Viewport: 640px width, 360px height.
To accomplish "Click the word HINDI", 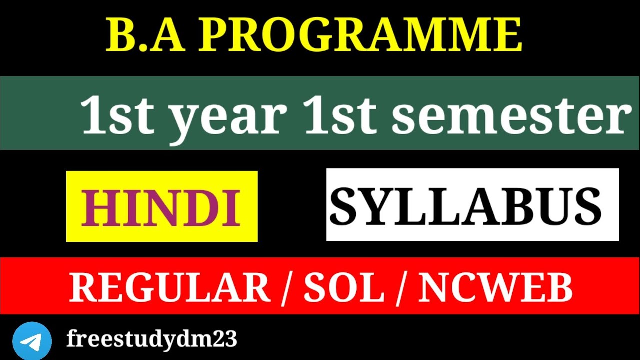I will (161, 207).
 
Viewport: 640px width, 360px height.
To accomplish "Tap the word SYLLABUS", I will (465, 206).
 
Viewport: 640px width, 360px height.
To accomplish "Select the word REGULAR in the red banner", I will (170, 288).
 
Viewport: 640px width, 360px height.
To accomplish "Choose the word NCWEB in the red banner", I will (495, 288).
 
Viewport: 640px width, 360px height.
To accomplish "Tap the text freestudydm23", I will (151, 340).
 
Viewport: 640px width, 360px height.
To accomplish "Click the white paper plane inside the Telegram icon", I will (31, 341).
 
